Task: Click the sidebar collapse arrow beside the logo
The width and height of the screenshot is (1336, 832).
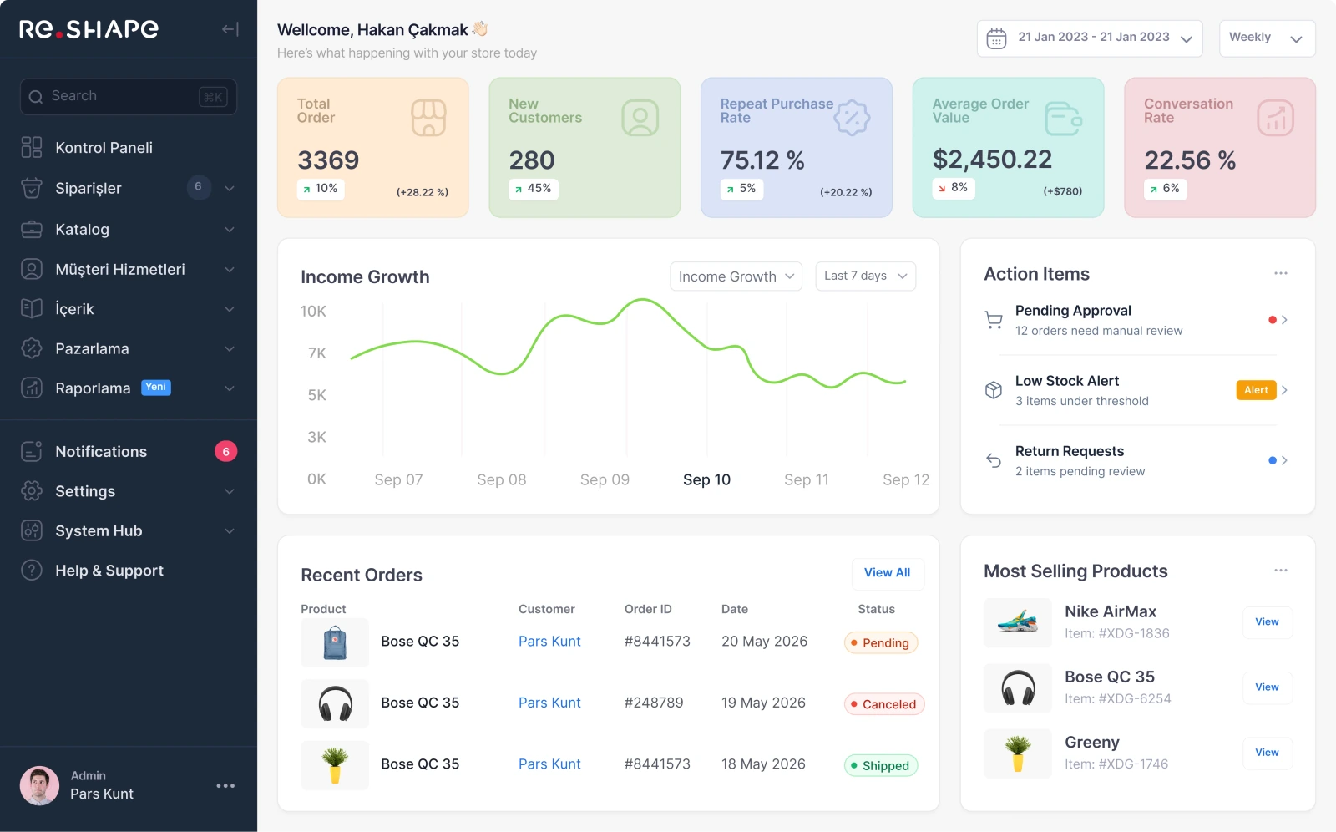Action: click(230, 29)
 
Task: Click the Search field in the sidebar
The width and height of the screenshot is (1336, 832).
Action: click(129, 96)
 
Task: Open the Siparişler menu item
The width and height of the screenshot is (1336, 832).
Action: click(89, 188)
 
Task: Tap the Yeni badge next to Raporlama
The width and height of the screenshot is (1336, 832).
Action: click(155, 388)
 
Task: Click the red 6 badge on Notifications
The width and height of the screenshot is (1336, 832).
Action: click(226, 451)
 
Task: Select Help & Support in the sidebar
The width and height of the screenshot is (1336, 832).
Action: click(109, 570)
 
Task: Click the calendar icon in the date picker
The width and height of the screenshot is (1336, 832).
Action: click(996, 38)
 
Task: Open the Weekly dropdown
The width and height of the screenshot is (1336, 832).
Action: click(1268, 38)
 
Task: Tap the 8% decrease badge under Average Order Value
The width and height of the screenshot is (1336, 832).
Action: click(953, 188)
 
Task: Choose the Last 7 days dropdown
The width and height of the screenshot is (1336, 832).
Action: click(865, 276)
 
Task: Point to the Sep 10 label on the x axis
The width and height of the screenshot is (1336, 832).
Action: click(706, 479)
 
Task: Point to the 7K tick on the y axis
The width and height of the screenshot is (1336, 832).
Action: click(317, 353)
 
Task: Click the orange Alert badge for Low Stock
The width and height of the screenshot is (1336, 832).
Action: click(1256, 390)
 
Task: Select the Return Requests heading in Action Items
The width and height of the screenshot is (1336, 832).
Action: click(1070, 450)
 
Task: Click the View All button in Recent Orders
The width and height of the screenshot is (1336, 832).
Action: click(888, 572)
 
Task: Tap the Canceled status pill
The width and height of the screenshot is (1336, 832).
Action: click(884, 703)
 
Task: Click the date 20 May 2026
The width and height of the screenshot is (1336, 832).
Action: click(764, 641)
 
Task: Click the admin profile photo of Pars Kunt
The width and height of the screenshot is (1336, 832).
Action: click(39, 785)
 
